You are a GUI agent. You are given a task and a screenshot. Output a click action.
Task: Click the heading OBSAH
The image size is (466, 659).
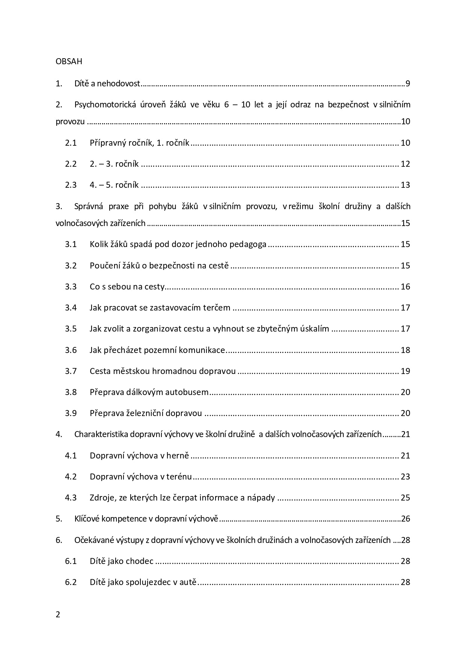pyautogui.click(x=69, y=62)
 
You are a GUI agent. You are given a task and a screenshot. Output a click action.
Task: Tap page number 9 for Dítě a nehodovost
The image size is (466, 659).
pyautogui.click(x=408, y=83)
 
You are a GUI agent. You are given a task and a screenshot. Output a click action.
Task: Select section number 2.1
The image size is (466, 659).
pyautogui.click(x=71, y=143)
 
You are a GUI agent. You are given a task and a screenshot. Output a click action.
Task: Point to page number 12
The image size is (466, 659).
pyautogui.click(x=405, y=164)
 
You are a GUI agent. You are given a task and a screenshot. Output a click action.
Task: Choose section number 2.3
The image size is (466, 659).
pyautogui.click(x=71, y=185)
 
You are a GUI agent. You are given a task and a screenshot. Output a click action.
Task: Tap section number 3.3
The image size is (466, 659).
pyautogui.click(x=71, y=287)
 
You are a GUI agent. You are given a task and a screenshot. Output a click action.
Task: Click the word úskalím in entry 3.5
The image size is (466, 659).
pyautogui.click(x=314, y=329)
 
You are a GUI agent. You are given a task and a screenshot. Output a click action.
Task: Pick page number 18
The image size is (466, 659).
pyautogui.click(x=405, y=350)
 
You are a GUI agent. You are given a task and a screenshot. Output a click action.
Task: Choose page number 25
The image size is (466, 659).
pyautogui.click(x=405, y=498)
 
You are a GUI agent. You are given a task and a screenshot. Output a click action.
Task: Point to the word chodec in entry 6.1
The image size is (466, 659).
pyautogui.click(x=141, y=561)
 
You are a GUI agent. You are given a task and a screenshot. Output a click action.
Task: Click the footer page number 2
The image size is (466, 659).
pyautogui.click(x=58, y=614)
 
